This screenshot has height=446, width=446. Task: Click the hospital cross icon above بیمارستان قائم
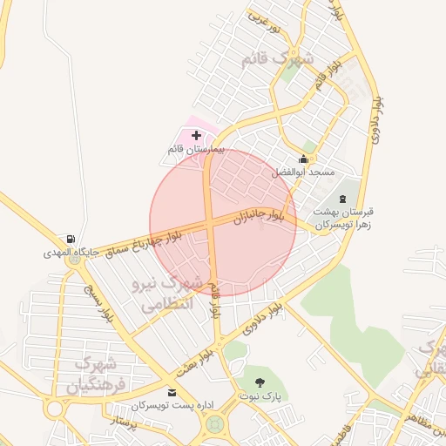point(196,136)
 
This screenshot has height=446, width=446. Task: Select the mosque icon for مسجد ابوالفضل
point(303,159)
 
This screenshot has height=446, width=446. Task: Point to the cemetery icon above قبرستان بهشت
point(341,199)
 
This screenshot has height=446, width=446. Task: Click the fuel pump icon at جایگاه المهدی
point(70,240)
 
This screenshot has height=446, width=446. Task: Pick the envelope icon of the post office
point(172,393)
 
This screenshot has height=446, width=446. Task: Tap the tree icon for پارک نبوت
point(260,382)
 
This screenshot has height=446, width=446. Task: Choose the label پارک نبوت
point(260,395)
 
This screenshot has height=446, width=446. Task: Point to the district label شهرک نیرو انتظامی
point(165,294)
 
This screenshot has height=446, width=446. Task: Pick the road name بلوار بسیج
point(98,301)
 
